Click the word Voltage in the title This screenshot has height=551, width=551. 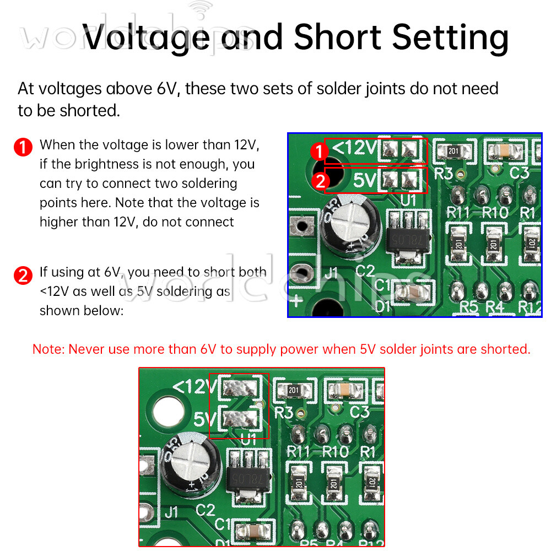tap(147, 37)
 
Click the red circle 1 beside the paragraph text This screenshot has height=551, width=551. tap(23, 148)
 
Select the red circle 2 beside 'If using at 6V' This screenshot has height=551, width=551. tap(23, 274)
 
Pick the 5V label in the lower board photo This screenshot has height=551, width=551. tap(205, 419)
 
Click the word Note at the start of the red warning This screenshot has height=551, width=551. tap(48, 349)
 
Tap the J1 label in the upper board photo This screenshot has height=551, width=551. tap(331, 272)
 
